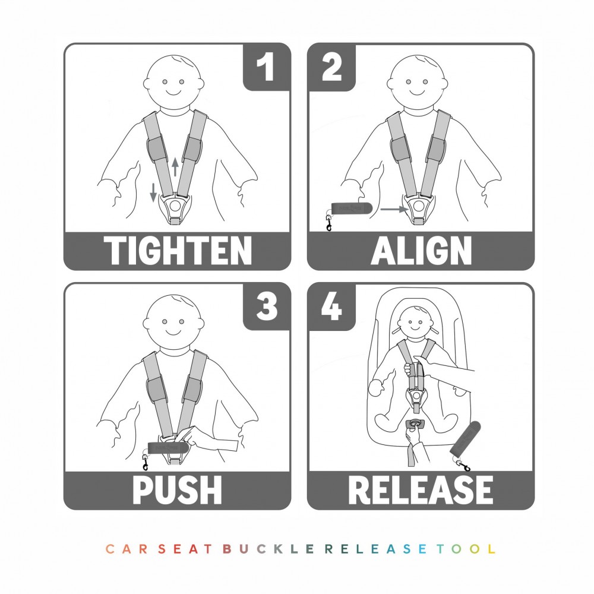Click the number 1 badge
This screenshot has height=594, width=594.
pyautogui.click(x=266, y=67)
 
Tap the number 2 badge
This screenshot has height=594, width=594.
pyautogui.click(x=331, y=67)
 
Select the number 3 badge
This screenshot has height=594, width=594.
pyautogui.click(x=266, y=307)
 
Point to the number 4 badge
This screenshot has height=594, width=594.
pyautogui.click(x=331, y=307)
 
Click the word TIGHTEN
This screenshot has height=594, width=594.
pyautogui.click(x=178, y=250)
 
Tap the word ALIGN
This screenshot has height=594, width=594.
pyautogui.click(x=421, y=250)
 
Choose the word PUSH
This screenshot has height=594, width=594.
pyautogui.click(x=177, y=489)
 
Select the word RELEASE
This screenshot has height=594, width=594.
pyautogui.click(x=421, y=489)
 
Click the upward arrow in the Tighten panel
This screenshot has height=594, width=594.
pyautogui.click(x=175, y=167)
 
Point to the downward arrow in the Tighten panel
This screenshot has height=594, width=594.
pyautogui.click(x=153, y=192)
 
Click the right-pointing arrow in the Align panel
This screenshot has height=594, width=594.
pyautogui.click(x=394, y=208)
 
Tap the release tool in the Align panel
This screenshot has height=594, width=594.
pyautogui.click(x=352, y=208)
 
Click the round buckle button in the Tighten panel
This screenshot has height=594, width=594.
pyautogui.click(x=175, y=206)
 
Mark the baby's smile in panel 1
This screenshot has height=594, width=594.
pyautogui.click(x=173, y=93)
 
